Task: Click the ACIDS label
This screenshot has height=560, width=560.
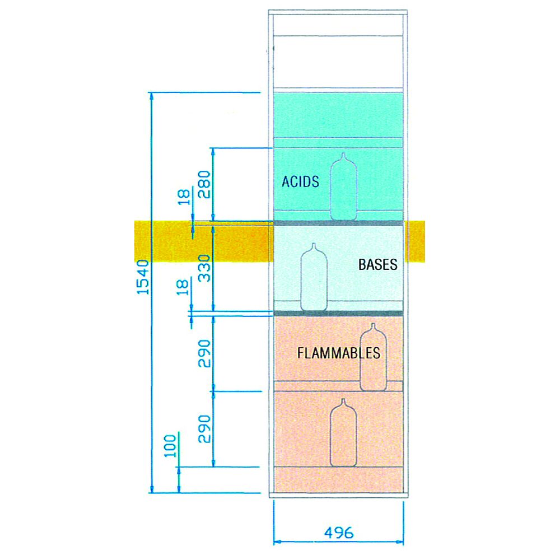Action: point(300,181)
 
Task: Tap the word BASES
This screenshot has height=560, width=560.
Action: point(378,265)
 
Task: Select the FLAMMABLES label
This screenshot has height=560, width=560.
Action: point(339,353)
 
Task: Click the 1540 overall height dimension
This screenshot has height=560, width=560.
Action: point(143,277)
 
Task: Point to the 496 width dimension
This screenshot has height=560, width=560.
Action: point(339,533)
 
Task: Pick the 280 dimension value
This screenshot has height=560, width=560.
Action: point(204,184)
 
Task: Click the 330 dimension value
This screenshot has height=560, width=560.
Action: point(204,268)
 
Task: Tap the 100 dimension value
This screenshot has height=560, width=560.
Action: point(170,446)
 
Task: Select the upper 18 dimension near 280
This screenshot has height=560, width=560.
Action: point(184,197)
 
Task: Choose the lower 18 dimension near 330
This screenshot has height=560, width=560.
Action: point(183,287)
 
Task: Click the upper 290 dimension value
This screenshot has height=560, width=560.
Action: point(204,353)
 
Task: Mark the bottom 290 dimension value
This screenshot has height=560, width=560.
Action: point(204,428)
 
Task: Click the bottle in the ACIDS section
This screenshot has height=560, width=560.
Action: point(344,186)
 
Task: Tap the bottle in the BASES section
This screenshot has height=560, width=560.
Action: point(314,277)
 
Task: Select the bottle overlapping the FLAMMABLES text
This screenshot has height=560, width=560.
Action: point(373,357)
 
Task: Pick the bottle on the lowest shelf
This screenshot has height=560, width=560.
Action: point(344,432)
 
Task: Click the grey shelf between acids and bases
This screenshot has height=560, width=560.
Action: point(338,223)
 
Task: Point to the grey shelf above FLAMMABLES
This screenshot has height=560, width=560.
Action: point(338,314)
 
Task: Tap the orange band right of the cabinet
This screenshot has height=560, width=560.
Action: point(415,242)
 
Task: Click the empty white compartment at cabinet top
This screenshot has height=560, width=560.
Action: point(338,62)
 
